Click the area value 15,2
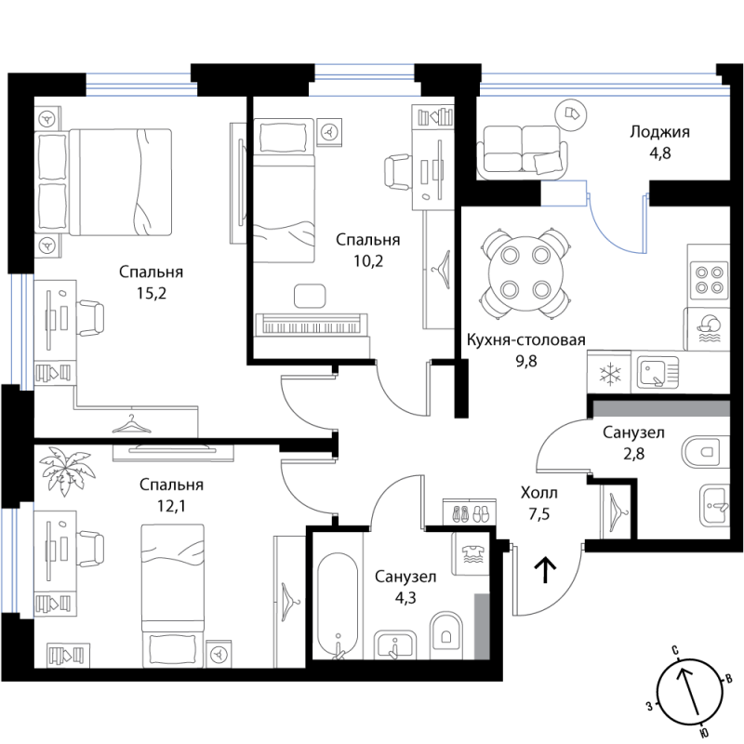pos(152,294)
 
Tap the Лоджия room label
pos(659,132)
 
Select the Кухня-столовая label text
pos(525,339)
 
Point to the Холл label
pos(539,493)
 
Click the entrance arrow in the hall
pos(546,569)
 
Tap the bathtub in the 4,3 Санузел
pos(338,606)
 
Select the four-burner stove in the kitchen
pos(710,280)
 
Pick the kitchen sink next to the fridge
pos(658,373)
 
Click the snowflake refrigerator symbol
pos(609,373)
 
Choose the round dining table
pos(525,273)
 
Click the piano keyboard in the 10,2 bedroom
pos(312,325)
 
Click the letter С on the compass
pos(674,649)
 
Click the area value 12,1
pos(172,506)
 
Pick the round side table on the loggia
pos(571,114)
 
